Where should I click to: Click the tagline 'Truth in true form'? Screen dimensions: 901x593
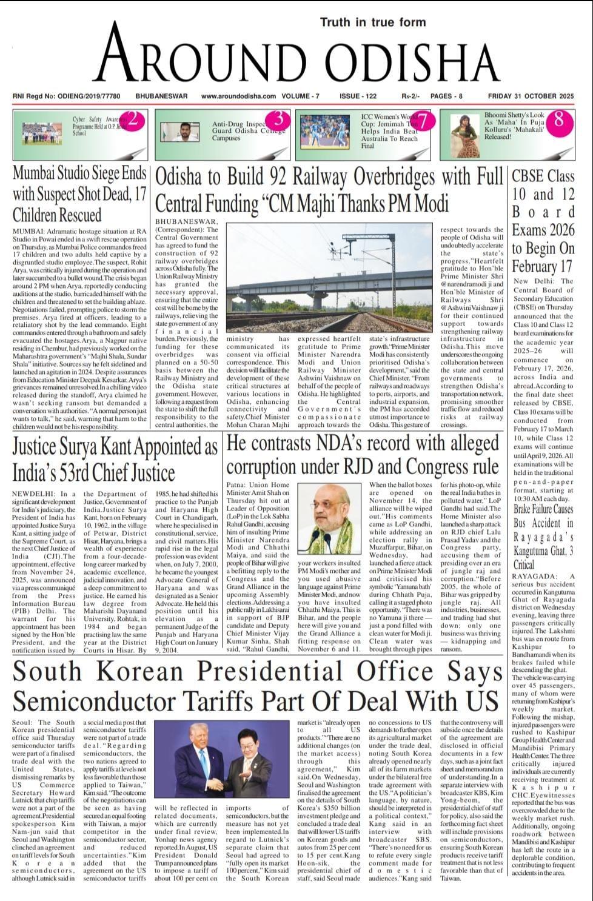[373, 22]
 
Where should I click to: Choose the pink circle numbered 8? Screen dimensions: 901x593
[558, 119]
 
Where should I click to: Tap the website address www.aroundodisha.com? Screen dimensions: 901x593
[238, 96]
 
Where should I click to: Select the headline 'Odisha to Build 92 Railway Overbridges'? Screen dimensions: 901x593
[329, 189]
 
